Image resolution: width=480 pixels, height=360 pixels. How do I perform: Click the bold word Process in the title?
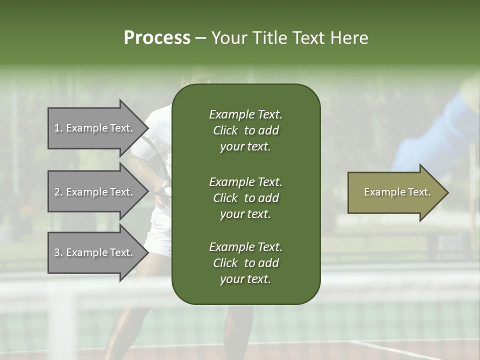click(157, 38)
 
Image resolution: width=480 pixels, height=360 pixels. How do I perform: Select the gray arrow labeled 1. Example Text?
click(95, 128)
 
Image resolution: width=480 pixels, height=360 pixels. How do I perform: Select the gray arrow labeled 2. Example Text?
click(95, 192)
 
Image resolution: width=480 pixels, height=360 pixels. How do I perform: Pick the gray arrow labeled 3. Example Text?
click(95, 252)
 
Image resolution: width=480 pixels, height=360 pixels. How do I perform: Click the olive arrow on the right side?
click(395, 192)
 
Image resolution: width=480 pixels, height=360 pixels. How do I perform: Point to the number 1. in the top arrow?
click(58, 128)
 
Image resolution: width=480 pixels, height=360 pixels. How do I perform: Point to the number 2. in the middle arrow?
click(58, 192)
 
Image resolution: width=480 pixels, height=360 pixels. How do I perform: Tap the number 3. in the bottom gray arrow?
click(58, 252)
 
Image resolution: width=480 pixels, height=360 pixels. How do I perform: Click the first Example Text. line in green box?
click(245, 114)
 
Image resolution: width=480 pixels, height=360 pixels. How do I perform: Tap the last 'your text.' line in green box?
click(245, 279)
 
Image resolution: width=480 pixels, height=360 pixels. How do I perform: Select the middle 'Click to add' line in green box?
click(245, 198)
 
